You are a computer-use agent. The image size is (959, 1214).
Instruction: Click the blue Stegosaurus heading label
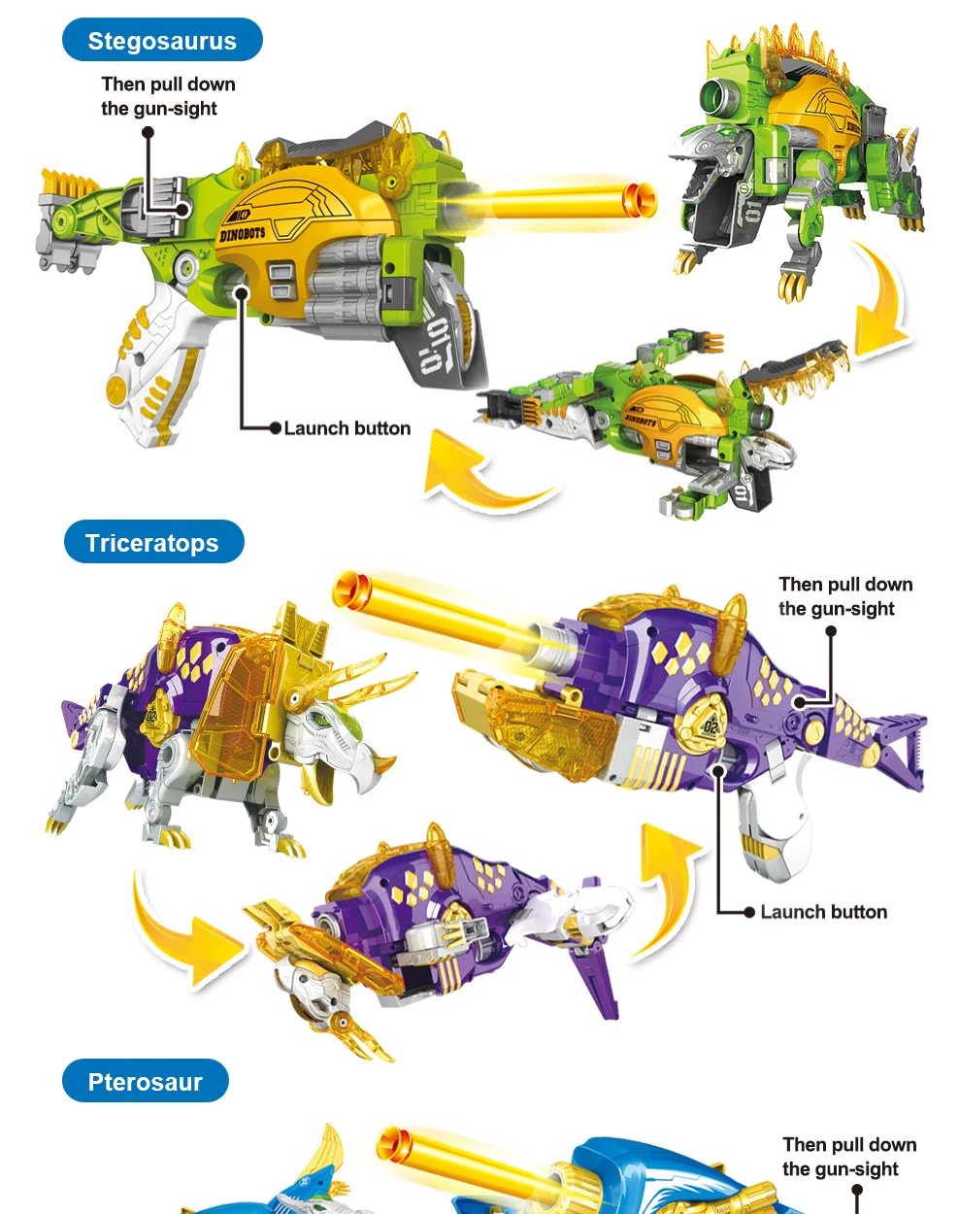(162, 41)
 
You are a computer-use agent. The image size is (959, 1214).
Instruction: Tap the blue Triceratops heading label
(152, 542)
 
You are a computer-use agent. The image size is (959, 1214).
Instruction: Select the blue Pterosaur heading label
(145, 1081)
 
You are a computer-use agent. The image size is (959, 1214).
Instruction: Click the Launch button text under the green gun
(347, 428)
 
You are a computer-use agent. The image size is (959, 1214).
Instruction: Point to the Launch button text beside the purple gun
(823, 912)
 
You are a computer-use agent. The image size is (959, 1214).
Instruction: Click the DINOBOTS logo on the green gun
(243, 233)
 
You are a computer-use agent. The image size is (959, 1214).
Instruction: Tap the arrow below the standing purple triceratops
(184, 932)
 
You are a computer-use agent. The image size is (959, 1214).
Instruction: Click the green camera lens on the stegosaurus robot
(719, 96)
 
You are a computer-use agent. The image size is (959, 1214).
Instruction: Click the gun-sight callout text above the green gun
(168, 96)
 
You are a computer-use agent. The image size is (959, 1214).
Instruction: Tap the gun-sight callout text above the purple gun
(844, 596)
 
